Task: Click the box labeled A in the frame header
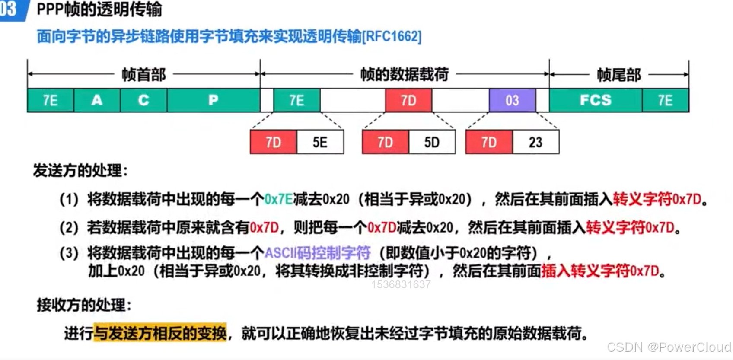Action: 97,100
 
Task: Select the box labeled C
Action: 143,100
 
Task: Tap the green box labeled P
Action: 214,100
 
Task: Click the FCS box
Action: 595,100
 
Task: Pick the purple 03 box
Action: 512,100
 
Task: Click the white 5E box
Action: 320,142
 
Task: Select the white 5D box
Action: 432,142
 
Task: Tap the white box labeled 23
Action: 535,142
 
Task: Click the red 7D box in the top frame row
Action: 408,100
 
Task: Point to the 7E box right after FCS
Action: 665,100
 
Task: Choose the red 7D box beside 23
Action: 489,142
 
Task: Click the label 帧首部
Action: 143,75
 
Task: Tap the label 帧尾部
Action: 618,75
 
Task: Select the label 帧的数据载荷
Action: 405,75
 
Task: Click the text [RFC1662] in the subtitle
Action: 392,36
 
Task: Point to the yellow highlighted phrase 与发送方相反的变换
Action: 160,333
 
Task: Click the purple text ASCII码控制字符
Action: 317,252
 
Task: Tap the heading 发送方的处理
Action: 80,171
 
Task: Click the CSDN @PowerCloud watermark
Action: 669,347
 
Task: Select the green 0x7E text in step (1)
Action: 278,199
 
